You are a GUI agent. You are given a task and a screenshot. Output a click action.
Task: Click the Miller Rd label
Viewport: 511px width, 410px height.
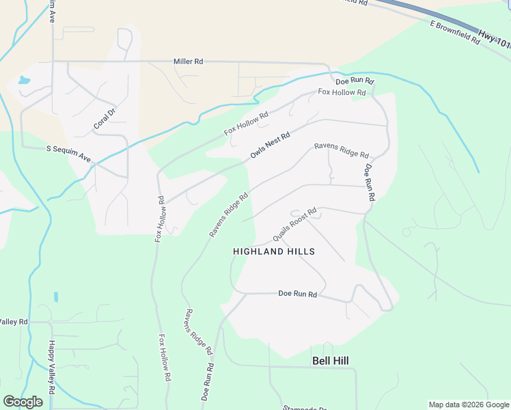(x=189, y=61)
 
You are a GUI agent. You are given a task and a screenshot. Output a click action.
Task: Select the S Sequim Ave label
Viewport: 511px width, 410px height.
(x=68, y=153)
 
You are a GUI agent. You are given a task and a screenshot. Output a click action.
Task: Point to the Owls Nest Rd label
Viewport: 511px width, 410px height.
(x=271, y=146)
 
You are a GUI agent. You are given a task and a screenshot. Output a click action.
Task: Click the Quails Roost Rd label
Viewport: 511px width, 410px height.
(x=294, y=225)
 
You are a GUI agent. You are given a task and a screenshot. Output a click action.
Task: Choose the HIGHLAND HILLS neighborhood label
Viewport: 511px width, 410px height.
(x=274, y=251)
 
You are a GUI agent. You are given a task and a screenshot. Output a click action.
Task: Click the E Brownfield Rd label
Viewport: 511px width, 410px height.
(x=455, y=32)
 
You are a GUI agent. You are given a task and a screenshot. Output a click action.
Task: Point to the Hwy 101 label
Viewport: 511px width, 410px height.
(x=495, y=40)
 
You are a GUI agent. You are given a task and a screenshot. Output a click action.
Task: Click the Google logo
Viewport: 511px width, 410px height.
(x=23, y=402)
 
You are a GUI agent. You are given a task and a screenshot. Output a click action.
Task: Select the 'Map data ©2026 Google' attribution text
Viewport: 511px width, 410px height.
(x=469, y=405)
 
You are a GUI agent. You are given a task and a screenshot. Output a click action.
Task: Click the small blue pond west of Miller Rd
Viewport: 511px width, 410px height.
(x=25, y=80)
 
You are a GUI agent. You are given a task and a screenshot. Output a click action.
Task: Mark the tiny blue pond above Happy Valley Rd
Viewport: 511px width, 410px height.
(x=55, y=297)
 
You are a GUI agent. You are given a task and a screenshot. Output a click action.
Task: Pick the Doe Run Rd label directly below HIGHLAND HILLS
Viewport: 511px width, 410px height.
(x=298, y=294)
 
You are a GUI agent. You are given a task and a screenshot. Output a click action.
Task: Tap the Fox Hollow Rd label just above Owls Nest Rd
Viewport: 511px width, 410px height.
(x=246, y=124)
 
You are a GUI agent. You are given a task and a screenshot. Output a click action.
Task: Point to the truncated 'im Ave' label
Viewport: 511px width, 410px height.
(x=51, y=12)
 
